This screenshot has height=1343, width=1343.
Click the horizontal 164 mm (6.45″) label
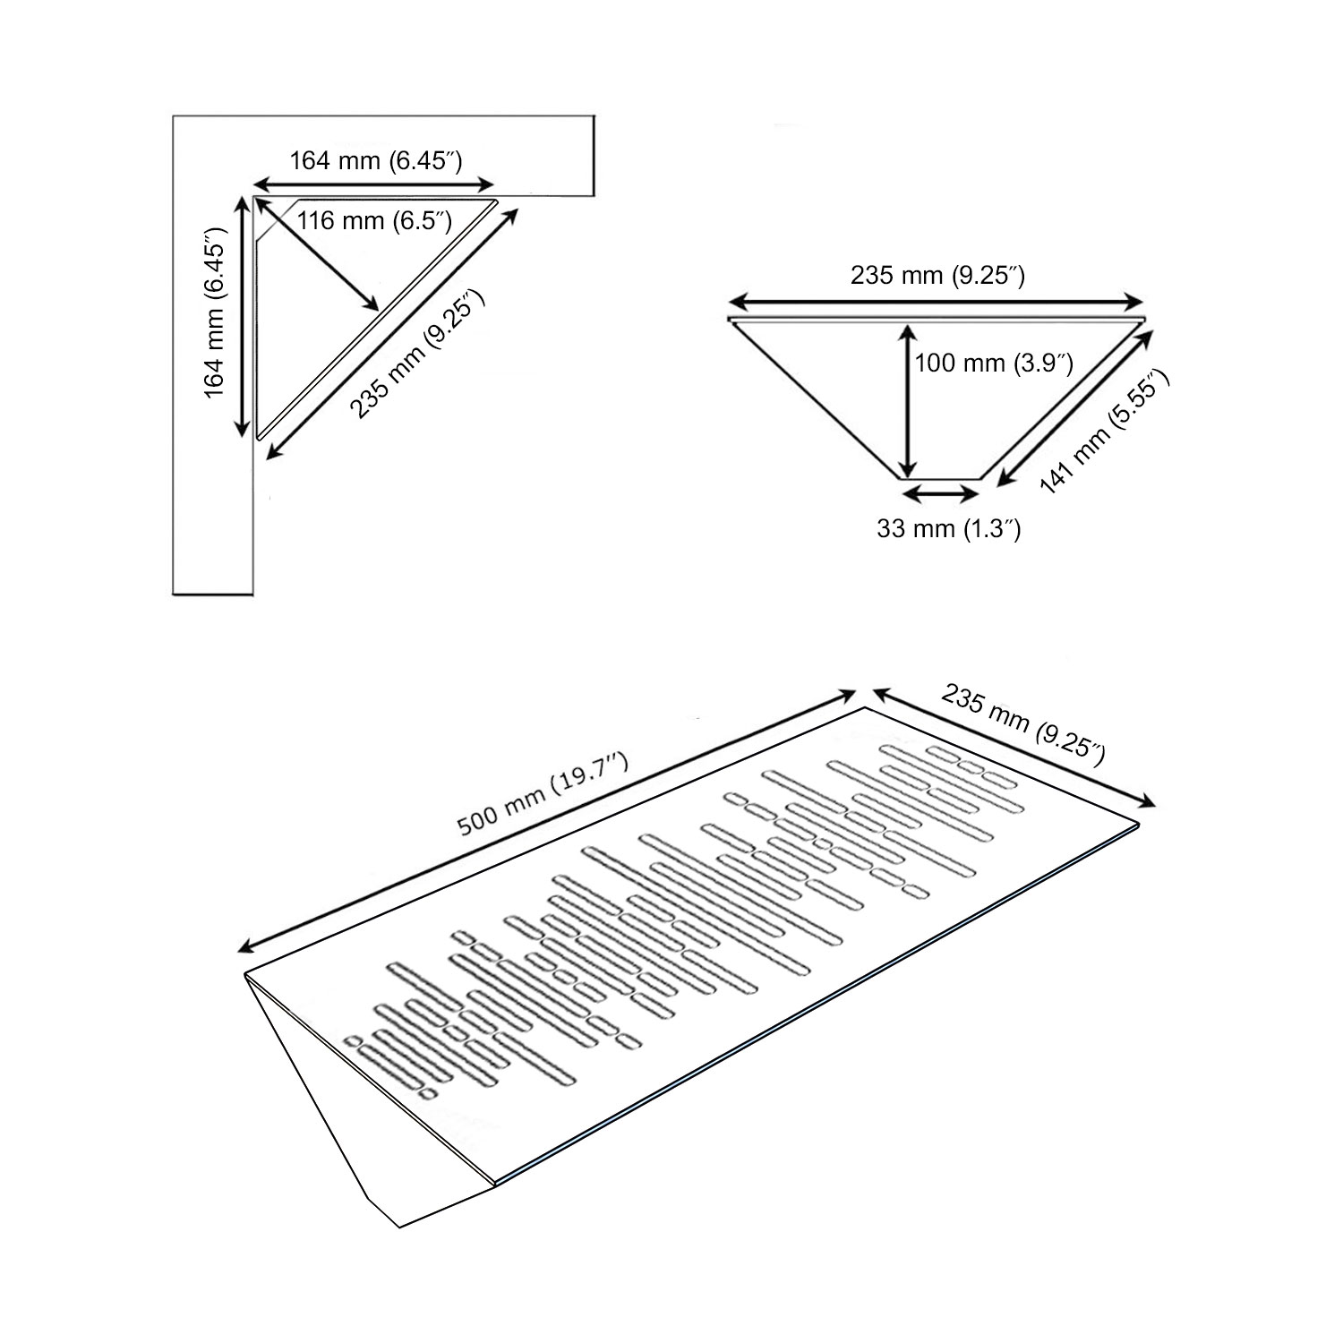point(375,161)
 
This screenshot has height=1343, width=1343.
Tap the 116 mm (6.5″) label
point(374,219)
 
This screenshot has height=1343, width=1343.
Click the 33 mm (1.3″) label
point(949,528)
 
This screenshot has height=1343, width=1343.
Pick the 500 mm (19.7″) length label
point(543,794)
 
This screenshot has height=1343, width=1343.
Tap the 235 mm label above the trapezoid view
point(937,276)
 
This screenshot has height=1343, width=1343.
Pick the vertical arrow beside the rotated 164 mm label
point(242,317)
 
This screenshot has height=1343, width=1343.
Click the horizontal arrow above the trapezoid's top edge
point(937,301)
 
